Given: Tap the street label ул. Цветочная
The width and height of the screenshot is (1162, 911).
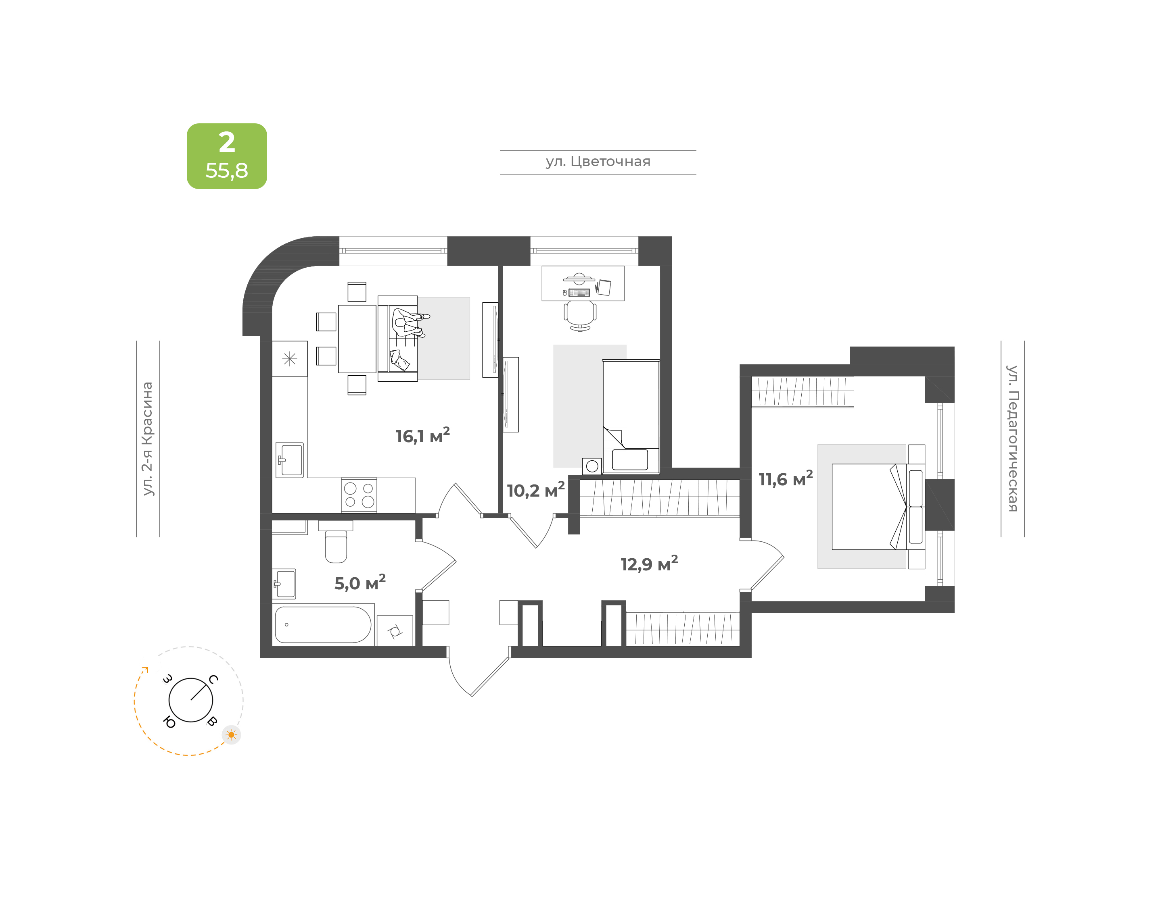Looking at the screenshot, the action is coord(598,162).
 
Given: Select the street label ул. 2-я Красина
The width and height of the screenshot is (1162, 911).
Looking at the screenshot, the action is coord(147,439).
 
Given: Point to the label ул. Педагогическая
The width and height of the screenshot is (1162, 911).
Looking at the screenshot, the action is coord(1012,439).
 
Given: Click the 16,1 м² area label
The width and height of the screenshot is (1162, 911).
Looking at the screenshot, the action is coord(422,435).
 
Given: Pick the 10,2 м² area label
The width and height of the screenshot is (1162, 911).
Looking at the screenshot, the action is coord(535,490).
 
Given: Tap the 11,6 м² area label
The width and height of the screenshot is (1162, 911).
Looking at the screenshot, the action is coord(786,478).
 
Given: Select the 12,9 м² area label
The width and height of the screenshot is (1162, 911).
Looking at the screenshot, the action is coord(649,563).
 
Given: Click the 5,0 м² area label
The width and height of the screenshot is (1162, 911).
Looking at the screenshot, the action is coord(360,582).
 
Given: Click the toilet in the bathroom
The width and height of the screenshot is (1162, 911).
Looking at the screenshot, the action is coord(336,541).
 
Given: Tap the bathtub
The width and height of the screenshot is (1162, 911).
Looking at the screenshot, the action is coord(323,624).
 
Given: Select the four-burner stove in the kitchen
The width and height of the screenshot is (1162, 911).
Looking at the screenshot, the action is coord(359,495).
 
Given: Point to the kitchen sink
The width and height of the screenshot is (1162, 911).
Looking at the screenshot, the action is coord(289,460).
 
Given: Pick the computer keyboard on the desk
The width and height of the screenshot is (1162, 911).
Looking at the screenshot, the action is coord(579,292).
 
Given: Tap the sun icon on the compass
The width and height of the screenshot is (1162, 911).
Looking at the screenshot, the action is coord(231,735).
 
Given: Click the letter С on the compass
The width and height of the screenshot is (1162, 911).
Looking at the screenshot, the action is coord(213,679).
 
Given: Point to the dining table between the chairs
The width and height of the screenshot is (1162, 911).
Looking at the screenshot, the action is coord(357,339).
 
